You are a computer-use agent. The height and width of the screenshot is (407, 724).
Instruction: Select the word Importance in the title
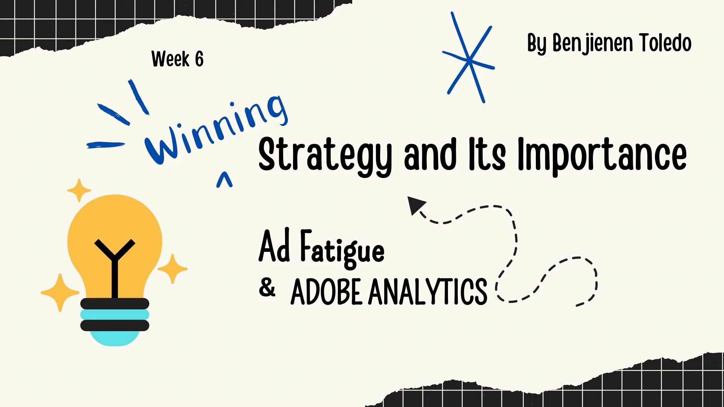point(602,155)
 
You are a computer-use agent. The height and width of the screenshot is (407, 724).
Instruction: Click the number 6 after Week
point(199,59)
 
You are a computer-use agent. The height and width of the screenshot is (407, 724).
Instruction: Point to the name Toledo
point(665,43)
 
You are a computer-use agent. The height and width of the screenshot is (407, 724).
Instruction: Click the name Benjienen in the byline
point(592,44)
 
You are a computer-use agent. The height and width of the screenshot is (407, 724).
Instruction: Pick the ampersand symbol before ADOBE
point(267,288)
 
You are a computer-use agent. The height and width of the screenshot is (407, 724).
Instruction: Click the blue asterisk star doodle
point(469,58)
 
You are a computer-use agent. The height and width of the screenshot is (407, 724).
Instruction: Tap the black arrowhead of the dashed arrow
point(416,205)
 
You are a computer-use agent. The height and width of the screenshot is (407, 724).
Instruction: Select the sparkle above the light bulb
point(79,190)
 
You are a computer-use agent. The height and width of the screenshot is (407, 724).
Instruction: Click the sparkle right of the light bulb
point(173,268)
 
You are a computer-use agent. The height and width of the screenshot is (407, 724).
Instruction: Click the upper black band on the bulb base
point(115,304)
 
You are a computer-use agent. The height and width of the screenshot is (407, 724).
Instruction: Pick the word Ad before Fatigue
point(274,246)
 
